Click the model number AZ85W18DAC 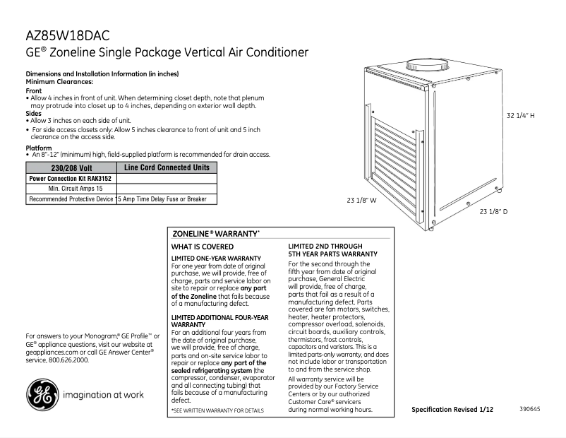67,35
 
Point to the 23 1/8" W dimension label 362,200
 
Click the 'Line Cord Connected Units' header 167,167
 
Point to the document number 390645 530,409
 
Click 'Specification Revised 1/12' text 452,410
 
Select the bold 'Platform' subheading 39,148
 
